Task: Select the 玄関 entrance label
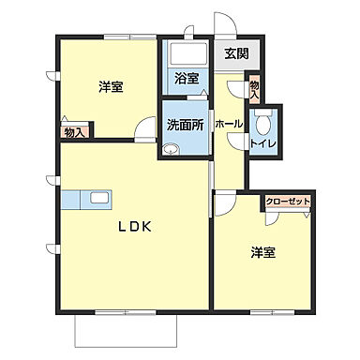tap(235, 54)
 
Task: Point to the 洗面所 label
tap(184, 124)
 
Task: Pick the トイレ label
tap(262, 142)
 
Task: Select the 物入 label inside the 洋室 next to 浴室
tap(74, 131)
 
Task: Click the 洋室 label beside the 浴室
tap(111, 87)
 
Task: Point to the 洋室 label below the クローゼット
tap(262, 252)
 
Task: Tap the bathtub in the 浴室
tap(185, 55)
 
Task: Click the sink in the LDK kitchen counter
tap(97, 199)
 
